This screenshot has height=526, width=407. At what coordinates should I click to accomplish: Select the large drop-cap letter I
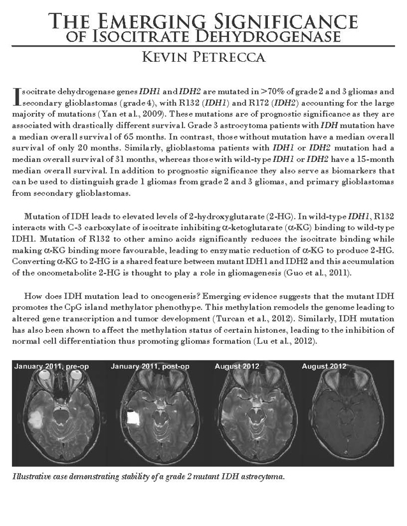coord(17,96)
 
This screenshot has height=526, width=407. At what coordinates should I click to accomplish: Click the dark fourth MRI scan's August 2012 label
coord(324,365)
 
